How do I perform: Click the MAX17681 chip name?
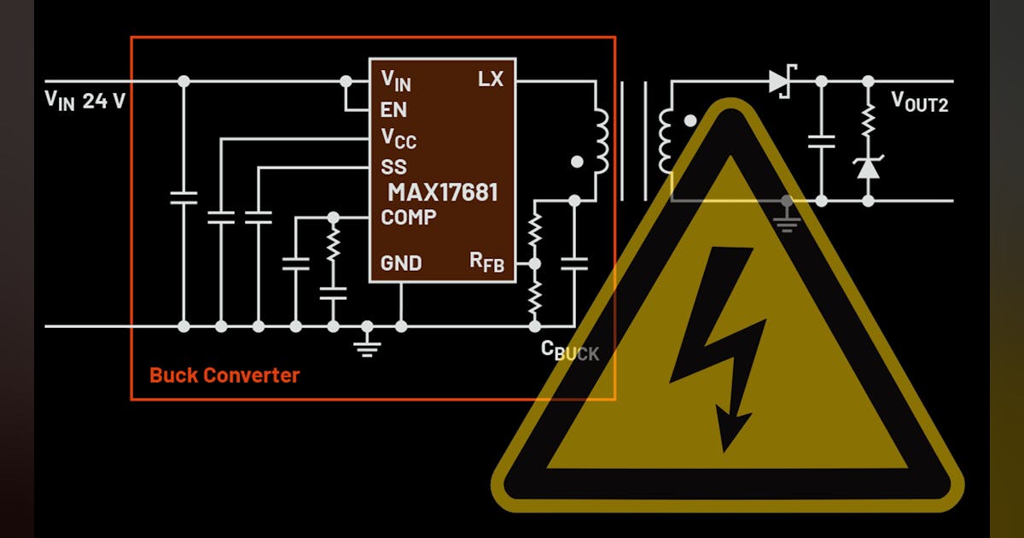click(443, 191)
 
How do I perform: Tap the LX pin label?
click(491, 79)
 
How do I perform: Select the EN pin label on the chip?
click(393, 110)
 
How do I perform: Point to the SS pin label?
click(393, 166)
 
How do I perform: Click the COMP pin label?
click(409, 217)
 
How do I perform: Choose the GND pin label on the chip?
click(401, 263)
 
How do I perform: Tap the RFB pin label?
click(487, 262)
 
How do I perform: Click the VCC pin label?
click(399, 137)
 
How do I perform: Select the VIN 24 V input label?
click(85, 101)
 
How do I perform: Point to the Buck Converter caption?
click(224, 375)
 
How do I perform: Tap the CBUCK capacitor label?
click(570, 351)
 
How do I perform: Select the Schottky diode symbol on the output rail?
click(780, 81)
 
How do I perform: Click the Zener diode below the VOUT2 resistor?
click(868, 168)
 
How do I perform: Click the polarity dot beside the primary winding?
click(577, 161)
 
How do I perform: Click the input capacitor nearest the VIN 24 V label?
click(183, 198)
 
